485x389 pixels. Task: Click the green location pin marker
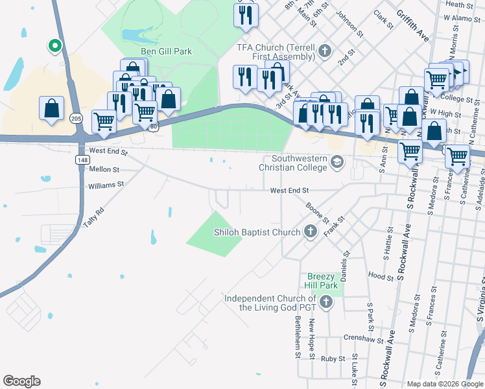click(55, 45)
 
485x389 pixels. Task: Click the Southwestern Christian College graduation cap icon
click(337, 162)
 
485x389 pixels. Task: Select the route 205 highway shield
click(77, 118)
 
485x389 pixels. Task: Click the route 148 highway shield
click(82, 159)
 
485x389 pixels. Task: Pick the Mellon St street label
click(104, 169)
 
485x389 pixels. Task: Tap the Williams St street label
click(106, 185)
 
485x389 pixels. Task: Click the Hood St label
click(377, 275)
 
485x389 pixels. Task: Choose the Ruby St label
click(333, 358)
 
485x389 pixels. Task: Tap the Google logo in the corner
click(21, 381)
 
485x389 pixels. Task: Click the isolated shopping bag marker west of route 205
click(51, 109)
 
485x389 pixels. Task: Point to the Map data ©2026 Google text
click(445, 384)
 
